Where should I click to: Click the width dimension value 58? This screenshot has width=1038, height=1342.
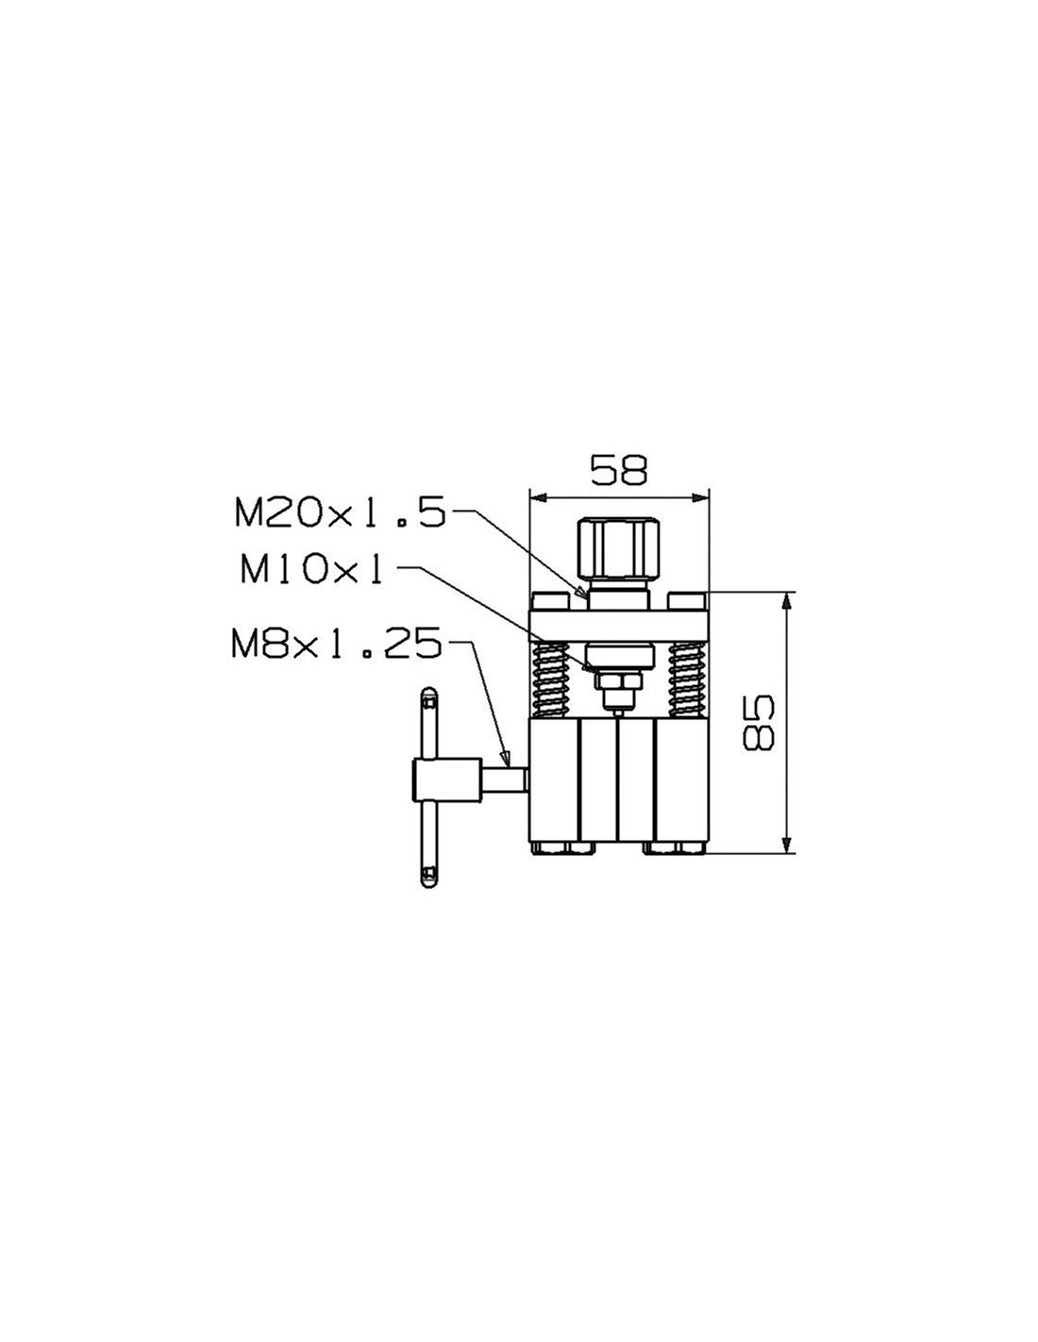click(618, 471)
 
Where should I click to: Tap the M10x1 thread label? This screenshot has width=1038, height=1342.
click(311, 571)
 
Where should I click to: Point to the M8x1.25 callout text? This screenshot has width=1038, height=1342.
click(337, 644)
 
